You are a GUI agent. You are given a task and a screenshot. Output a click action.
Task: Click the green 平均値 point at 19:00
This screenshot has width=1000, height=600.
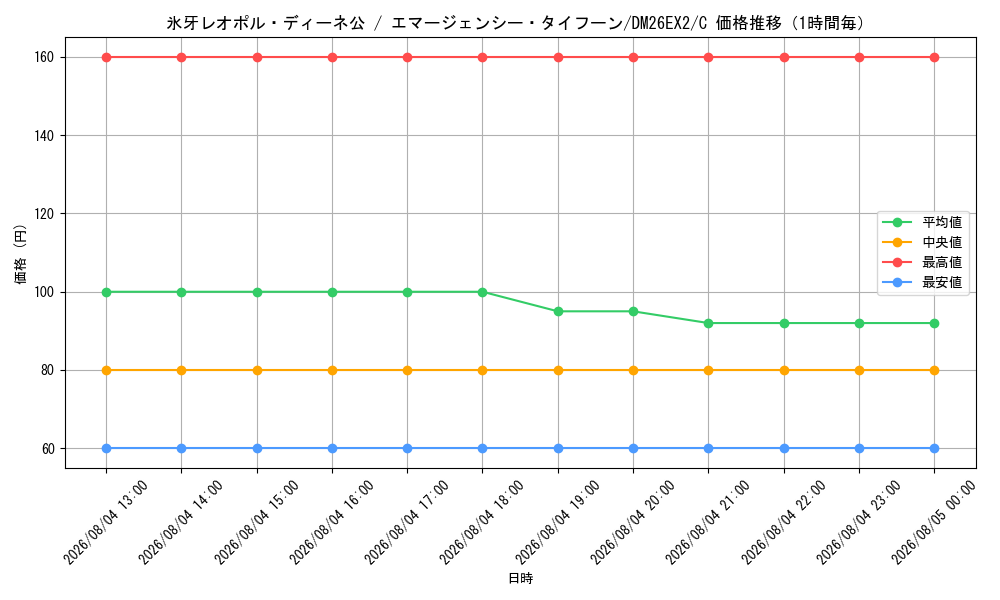click(558, 311)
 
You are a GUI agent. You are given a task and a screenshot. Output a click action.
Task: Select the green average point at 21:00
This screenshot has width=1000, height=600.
click(708, 323)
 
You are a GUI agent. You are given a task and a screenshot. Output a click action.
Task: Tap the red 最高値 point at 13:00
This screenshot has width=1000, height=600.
click(107, 57)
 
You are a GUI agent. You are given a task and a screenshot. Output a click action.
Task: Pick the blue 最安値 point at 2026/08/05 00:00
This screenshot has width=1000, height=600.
click(934, 448)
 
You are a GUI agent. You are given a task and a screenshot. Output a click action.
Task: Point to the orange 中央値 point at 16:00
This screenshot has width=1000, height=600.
click(332, 370)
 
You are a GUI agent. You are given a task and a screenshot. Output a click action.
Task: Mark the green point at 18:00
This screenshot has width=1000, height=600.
click(482, 292)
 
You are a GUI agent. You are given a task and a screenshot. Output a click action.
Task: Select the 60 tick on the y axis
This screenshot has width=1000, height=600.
click(48, 449)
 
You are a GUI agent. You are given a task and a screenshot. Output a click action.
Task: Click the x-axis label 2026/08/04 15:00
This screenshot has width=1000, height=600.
click(256, 522)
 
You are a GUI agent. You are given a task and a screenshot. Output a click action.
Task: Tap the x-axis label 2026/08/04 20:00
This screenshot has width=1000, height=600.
click(632, 522)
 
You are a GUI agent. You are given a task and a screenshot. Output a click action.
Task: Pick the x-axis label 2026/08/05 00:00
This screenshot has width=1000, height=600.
click(934, 522)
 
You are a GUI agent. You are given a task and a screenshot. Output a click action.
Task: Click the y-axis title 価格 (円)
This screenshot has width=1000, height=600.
click(21, 254)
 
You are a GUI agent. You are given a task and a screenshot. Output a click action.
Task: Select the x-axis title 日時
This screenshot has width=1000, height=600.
click(520, 578)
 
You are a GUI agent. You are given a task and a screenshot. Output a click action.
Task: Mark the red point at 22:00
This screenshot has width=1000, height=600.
click(784, 57)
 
